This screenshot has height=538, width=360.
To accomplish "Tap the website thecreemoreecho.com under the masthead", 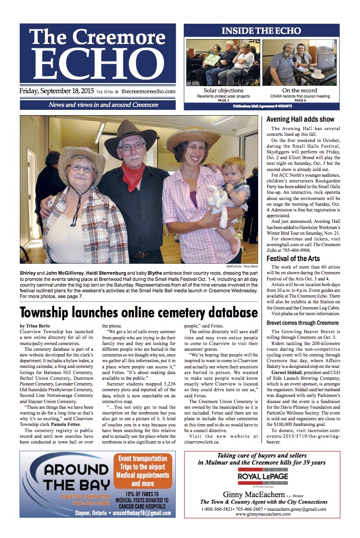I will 148,92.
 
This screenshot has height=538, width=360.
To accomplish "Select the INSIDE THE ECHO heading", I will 261,31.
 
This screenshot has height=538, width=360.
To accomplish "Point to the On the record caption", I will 300,91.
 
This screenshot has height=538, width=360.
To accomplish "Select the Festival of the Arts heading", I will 293,258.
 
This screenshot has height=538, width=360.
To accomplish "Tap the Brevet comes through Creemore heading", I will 303,323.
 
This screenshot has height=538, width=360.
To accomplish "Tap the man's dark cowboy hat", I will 131,133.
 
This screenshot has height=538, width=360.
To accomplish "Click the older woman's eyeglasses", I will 81,168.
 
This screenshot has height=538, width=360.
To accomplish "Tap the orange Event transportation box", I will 143,471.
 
